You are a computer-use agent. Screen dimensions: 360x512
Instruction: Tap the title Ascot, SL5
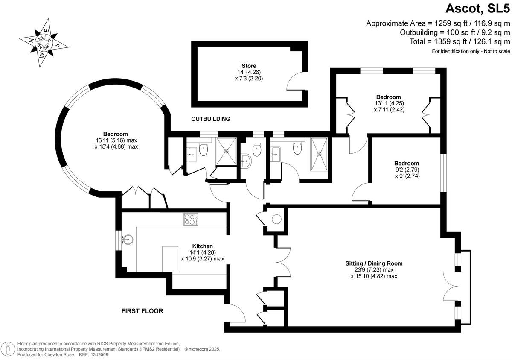click(478, 8)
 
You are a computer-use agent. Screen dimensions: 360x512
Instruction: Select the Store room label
click(249, 66)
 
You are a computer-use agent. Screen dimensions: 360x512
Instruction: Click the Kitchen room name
click(202, 246)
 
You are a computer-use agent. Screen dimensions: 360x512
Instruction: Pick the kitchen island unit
click(170, 258)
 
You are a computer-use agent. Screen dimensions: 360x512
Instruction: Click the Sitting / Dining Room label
click(374, 263)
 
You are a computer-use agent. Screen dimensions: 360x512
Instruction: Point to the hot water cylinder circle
click(276, 220)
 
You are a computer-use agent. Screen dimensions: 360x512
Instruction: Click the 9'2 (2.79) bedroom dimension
click(406, 170)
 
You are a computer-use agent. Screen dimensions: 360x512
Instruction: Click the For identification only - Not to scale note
click(471, 51)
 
